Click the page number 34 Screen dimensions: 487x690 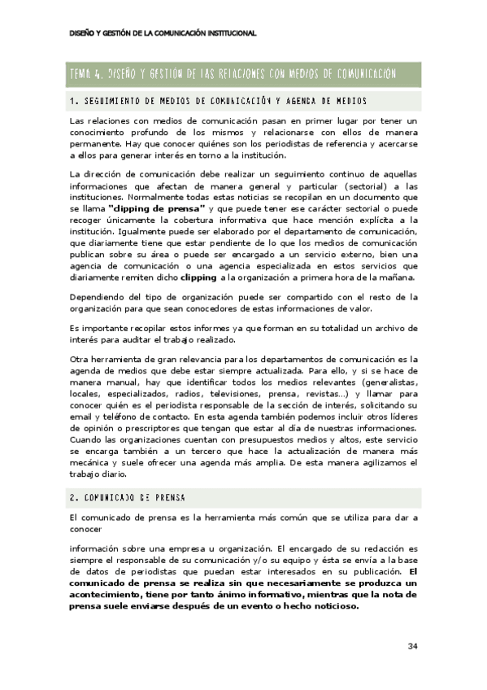pyautogui.click(x=412, y=646)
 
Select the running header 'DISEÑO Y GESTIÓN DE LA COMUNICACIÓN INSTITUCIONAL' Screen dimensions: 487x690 pyautogui.click(x=163, y=33)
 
